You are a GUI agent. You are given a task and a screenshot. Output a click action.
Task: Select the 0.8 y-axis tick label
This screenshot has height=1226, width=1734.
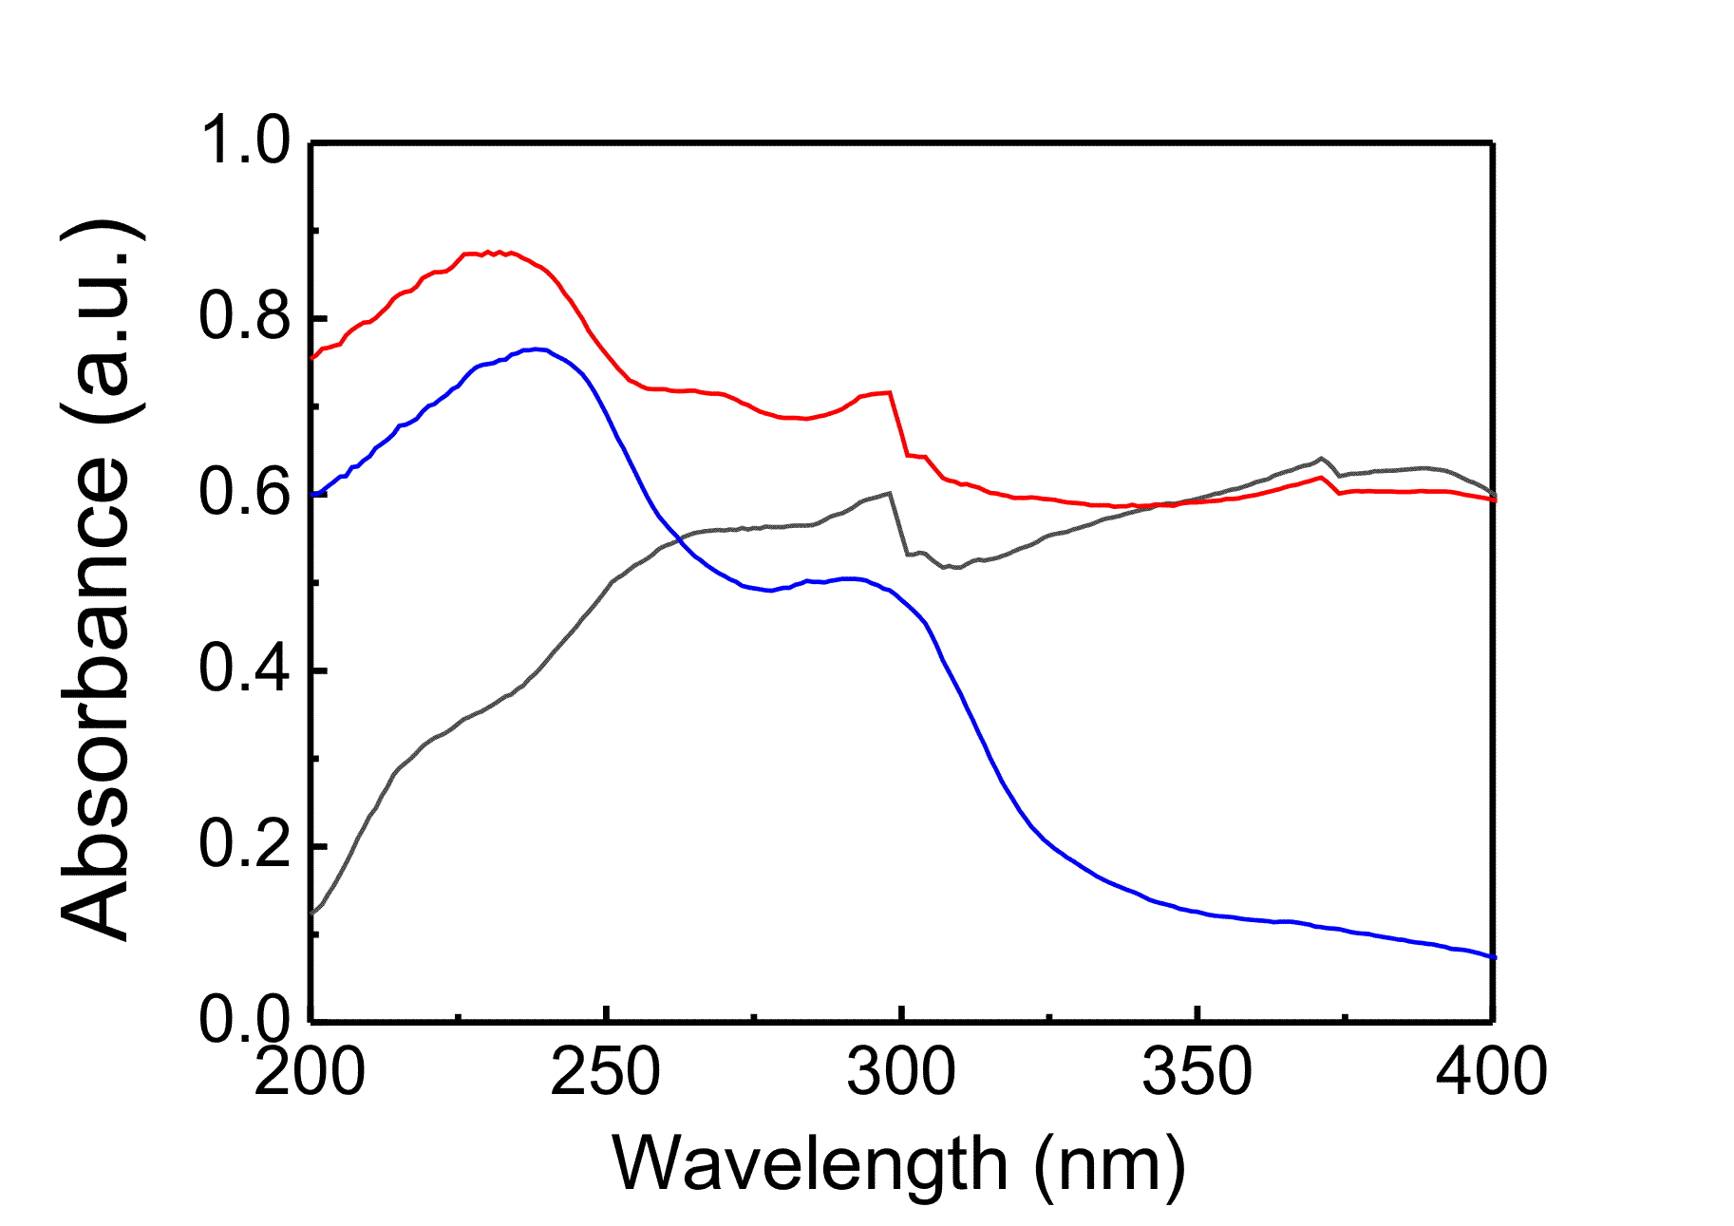(x=244, y=317)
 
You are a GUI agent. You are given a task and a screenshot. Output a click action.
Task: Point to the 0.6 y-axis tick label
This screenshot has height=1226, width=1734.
(x=244, y=494)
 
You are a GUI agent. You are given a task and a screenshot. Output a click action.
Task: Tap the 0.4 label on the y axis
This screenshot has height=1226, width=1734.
(x=244, y=670)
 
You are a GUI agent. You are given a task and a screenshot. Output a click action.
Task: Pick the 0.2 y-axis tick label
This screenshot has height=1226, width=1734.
(x=244, y=845)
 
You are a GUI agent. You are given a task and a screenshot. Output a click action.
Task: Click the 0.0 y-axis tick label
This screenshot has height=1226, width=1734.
(x=244, y=1020)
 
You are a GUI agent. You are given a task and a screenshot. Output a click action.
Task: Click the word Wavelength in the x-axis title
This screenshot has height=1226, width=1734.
(x=810, y=1165)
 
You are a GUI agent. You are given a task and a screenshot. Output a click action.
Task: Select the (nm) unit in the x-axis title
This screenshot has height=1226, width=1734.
(x=1109, y=1165)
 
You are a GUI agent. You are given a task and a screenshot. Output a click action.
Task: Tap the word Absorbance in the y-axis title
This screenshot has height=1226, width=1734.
(x=95, y=698)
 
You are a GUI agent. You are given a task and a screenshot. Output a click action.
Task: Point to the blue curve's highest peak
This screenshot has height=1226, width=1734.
(x=537, y=349)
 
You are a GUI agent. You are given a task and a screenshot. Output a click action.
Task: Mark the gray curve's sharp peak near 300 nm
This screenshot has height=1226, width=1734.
(x=889, y=493)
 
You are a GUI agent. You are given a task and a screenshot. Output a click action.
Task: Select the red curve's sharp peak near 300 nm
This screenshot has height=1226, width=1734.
(x=890, y=392)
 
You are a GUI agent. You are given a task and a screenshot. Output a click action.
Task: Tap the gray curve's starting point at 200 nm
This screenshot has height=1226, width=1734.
(x=312, y=914)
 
